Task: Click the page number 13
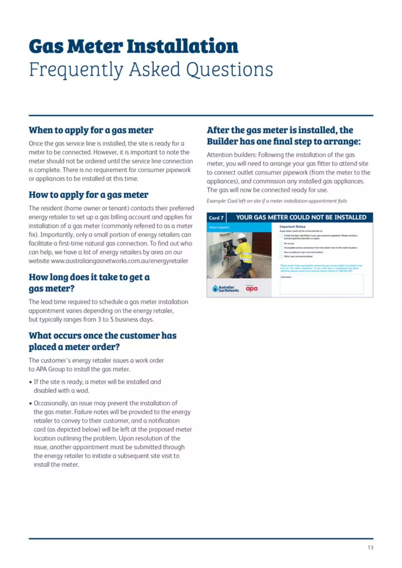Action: (x=370, y=547)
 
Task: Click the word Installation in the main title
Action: (x=183, y=46)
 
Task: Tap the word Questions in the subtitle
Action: (x=229, y=69)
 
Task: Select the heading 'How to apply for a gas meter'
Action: (x=88, y=195)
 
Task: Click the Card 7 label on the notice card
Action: (x=216, y=218)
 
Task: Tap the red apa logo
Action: (x=252, y=289)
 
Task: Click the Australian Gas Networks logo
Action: (x=226, y=289)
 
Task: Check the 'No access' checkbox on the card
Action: (x=281, y=243)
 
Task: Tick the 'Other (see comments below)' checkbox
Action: (x=281, y=257)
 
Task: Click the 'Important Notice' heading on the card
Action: (x=292, y=227)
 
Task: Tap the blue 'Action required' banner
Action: (x=239, y=227)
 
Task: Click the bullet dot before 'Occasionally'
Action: (x=30, y=404)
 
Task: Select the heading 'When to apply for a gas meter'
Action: (x=91, y=130)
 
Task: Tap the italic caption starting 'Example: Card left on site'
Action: (x=277, y=201)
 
